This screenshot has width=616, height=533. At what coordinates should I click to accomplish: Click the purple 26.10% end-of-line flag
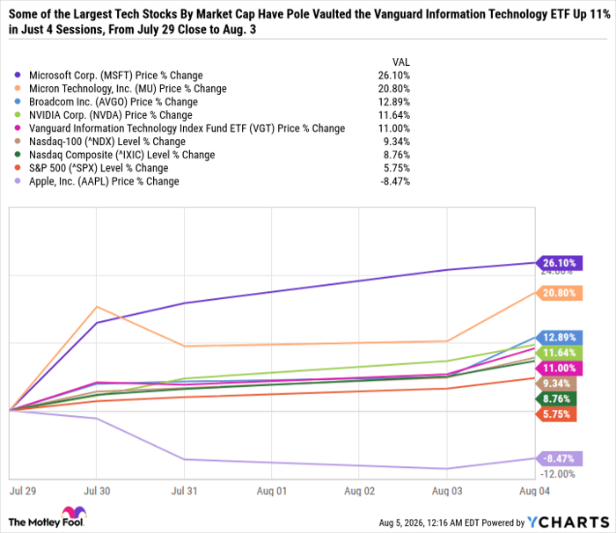coord(559,263)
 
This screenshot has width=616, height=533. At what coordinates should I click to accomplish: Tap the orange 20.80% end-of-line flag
coord(559,293)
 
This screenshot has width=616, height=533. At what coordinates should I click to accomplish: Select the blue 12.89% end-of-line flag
coord(559,338)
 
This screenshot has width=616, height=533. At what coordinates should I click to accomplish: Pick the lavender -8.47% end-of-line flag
coord(559,458)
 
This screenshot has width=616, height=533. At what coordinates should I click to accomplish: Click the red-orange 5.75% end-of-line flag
coord(556,414)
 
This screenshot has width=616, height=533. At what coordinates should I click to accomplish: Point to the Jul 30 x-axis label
coord(97,491)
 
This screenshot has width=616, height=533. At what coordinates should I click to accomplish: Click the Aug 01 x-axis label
coord(272,491)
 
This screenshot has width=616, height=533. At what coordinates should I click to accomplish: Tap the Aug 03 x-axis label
coord(447,491)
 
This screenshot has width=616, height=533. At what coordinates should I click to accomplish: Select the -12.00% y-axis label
coord(557,474)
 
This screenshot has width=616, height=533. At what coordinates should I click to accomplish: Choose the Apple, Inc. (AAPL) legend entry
coord(104,181)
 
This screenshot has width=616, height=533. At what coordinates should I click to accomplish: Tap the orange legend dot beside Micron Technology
coord(18,88)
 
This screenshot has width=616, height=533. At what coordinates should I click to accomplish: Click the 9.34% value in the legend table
coord(397,142)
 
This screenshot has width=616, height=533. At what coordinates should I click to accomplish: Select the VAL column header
coord(401,62)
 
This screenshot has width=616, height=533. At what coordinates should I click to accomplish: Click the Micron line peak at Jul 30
coord(97,306)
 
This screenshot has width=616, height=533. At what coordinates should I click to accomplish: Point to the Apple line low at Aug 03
coord(447,468)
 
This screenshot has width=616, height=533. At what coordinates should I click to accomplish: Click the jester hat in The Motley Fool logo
coord(74,513)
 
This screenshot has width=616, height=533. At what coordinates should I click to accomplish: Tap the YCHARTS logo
coord(568,522)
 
